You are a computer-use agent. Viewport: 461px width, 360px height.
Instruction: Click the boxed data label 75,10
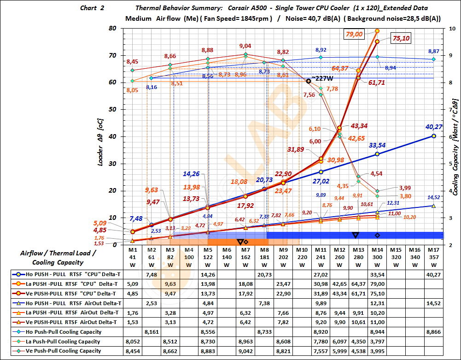point(401,39)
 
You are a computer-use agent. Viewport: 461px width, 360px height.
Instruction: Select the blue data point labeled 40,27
point(433,136)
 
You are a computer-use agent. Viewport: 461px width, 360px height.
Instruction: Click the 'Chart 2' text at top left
point(92,8)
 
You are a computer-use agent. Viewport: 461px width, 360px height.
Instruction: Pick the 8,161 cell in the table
point(152,331)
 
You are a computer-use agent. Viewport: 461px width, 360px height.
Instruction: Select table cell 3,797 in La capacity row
point(377,341)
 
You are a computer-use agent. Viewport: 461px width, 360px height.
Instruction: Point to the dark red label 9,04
point(245,46)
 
